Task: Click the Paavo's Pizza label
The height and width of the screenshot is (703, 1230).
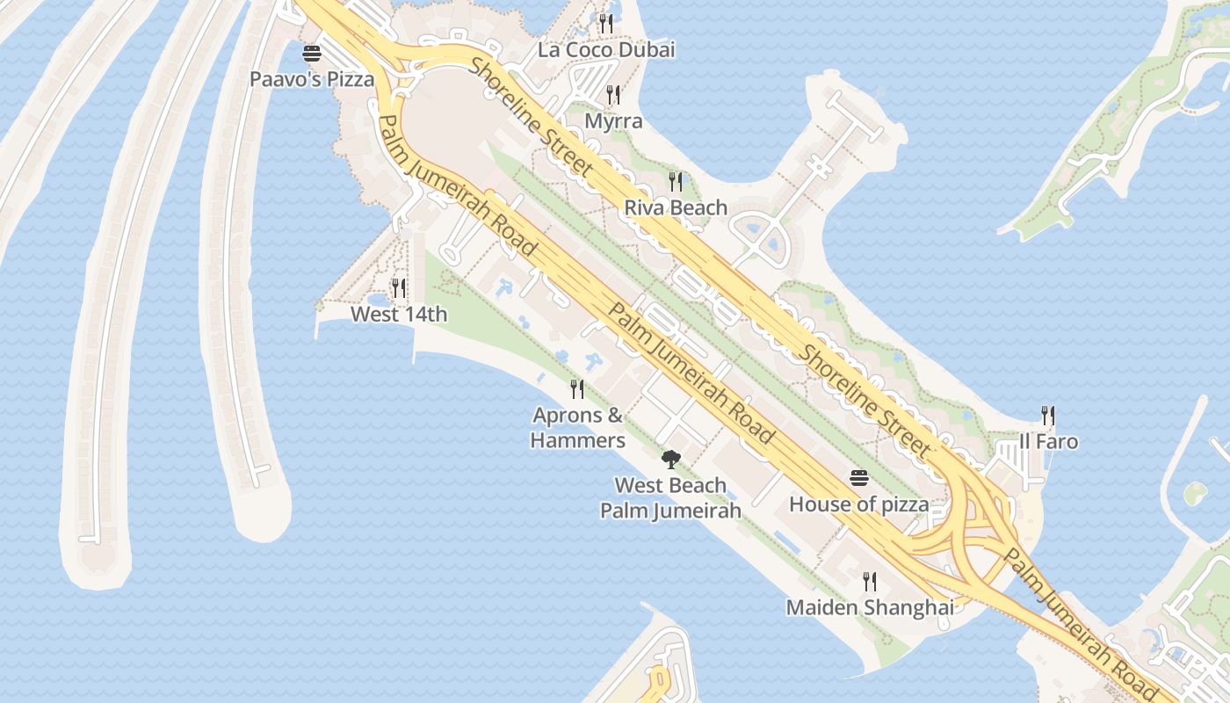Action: tap(312, 79)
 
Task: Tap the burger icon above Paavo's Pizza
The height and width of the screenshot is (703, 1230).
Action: tap(312, 54)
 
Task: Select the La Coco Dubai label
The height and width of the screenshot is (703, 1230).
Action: tap(606, 49)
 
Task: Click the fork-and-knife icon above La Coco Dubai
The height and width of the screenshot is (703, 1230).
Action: tap(606, 23)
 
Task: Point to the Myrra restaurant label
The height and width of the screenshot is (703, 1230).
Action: tap(613, 121)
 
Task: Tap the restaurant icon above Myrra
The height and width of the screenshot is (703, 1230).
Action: tap(613, 94)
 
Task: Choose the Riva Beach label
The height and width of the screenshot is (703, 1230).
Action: tap(676, 207)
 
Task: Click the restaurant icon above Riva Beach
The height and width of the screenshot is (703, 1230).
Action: tap(676, 182)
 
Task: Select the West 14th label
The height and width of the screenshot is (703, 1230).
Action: tap(399, 314)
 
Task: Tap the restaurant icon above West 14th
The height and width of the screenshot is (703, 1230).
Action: tap(399, 287)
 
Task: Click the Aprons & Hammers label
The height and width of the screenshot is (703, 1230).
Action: tap(578, 427)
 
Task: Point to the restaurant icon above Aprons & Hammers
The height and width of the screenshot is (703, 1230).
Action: tap(577, 388)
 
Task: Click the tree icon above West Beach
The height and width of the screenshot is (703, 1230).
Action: tap(671, 459)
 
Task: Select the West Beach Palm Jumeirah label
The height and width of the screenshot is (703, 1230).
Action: tap(670, 497)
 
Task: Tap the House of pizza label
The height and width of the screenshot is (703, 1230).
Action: tap(858, 504)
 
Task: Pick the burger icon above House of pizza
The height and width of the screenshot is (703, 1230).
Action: tap(859, 478)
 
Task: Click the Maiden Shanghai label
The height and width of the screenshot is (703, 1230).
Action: tap(870, 607)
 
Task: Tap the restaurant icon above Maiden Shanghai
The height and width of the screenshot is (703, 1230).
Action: tap(870, 581)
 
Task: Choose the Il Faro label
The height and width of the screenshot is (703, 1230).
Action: tap(1048, 441)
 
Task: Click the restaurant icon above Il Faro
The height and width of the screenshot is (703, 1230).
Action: tap(1048, 415)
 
